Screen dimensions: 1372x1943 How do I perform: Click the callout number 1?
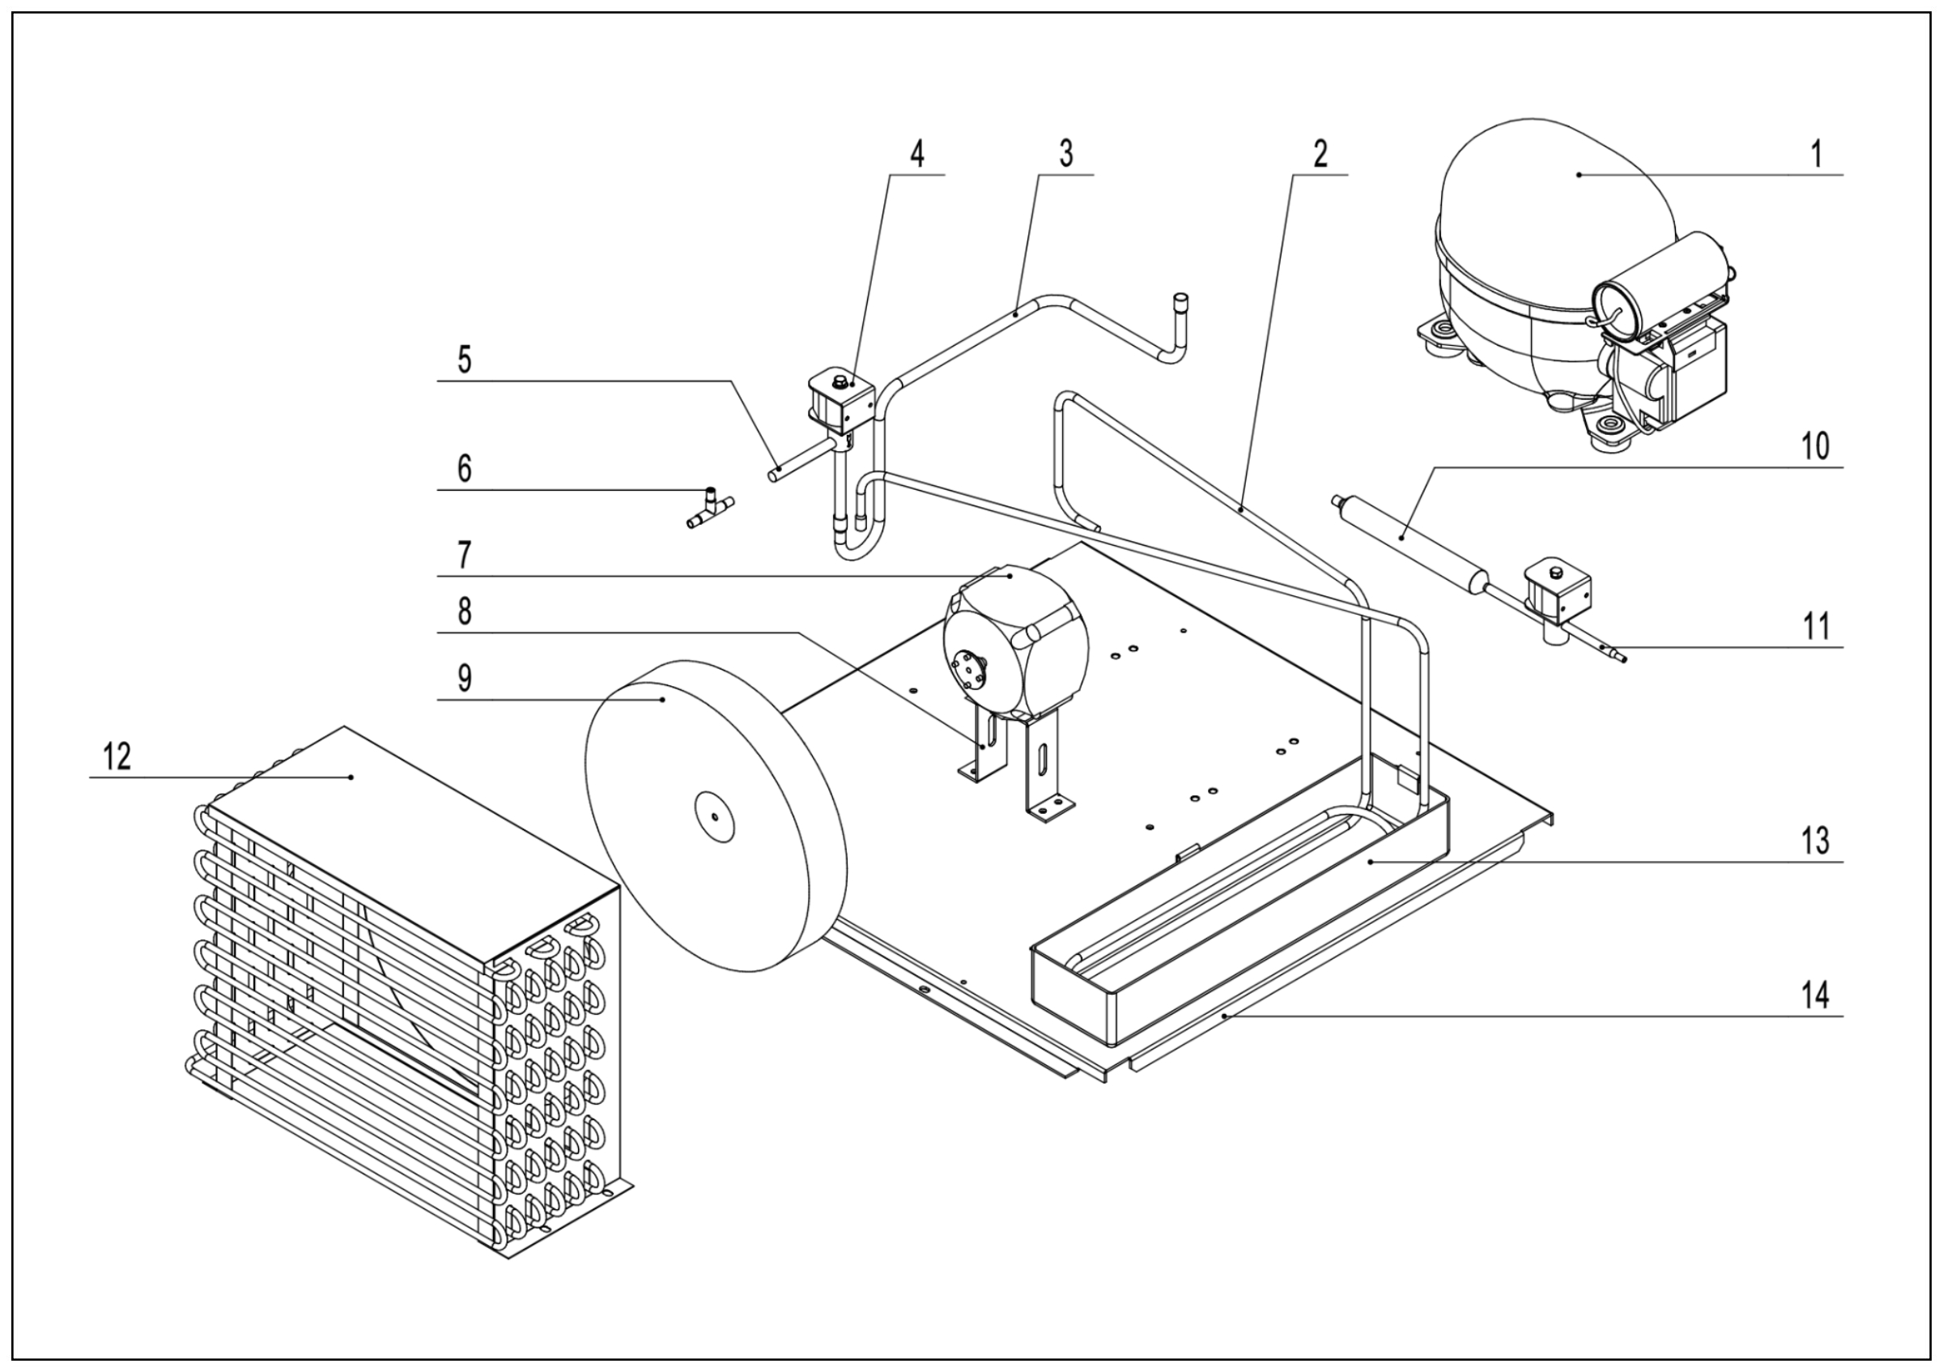click(x=1815, y=155)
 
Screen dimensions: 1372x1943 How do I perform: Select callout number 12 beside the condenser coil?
click(x=117, y=756)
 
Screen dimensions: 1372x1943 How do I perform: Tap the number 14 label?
click(x=1813, y=996)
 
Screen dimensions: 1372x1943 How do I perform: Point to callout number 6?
click(x=464, y=469)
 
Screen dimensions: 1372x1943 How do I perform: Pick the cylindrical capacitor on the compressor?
click(x=1659, y=288)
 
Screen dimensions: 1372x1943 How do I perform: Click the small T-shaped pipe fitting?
click(x=709, y=509)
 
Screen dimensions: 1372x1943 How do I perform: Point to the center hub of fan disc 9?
click(x=714, y=816)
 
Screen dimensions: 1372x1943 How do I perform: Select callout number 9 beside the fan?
click(x=465, y=678)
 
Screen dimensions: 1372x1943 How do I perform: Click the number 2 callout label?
click(x=1320, y=155)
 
